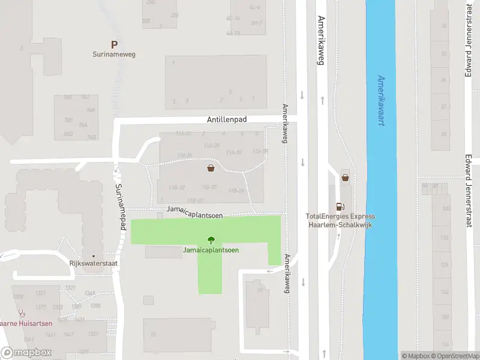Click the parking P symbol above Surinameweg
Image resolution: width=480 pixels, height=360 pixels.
[x=113, y=44]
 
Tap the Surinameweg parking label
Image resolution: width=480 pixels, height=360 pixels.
[x=114, y=54]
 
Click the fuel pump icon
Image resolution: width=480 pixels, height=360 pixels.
[x=340, y=206]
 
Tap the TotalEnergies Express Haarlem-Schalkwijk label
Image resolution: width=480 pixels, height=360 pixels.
[x=340, y=220]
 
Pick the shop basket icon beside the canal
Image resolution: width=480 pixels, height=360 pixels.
[x=345, y=177]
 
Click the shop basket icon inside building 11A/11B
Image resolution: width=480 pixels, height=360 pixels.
[x=211, y=168]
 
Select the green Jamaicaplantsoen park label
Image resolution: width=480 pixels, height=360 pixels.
[x=211, y=250]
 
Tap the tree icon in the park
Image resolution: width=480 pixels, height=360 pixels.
[x=210, y=239]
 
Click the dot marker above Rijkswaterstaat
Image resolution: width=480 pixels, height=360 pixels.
[x=93, y=256]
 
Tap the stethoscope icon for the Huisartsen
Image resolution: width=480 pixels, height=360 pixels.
[x=23, y=313]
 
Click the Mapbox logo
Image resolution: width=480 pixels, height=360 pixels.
[x=26, y=353]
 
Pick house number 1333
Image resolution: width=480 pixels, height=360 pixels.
[x=41, y=293]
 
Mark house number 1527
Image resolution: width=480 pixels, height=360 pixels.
[x=93, y=334]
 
